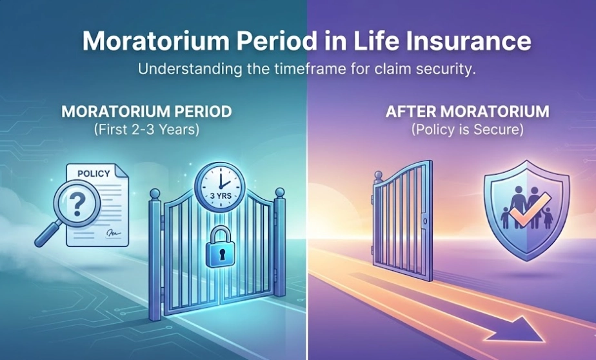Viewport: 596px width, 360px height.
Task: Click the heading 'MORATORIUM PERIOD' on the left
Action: [146, 112]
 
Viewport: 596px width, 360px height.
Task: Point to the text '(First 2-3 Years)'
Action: [146, 129]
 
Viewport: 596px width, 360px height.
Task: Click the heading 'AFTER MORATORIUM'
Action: [468, 112]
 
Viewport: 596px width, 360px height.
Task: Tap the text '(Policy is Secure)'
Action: [468, 129]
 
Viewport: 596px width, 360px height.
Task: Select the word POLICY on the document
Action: [94, 174]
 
